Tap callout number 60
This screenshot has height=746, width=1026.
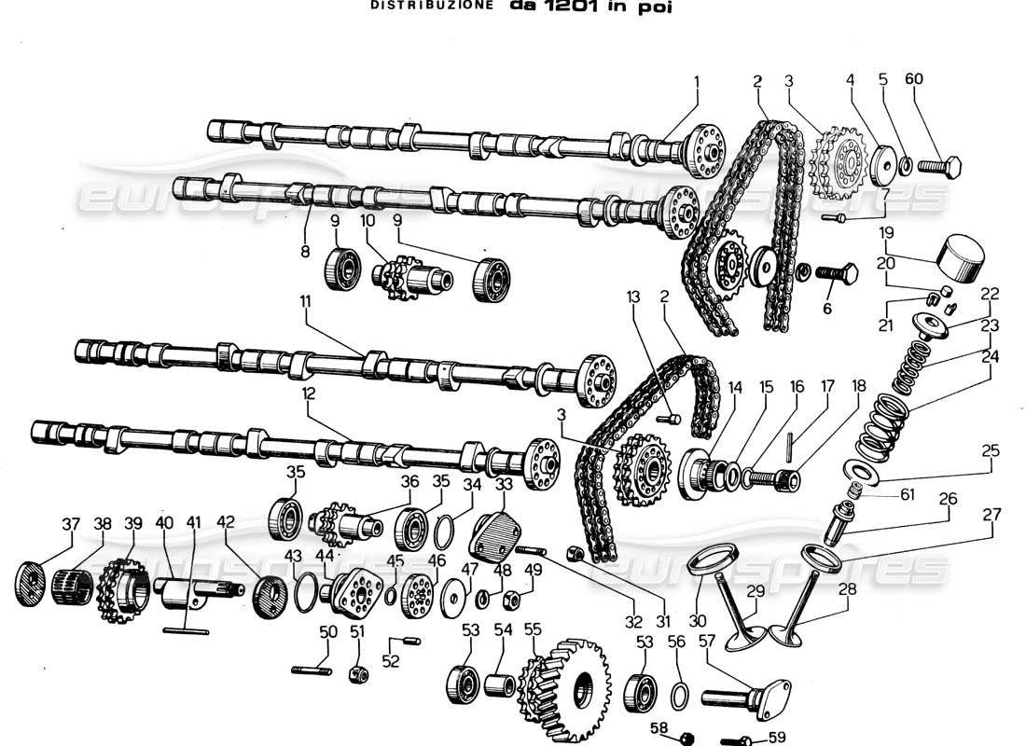click(x=913, y=79)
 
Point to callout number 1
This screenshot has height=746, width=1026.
click(x=696, y=79)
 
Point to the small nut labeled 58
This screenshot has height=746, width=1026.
click(x=686, y=738)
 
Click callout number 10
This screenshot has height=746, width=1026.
click(x=367, y=222)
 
